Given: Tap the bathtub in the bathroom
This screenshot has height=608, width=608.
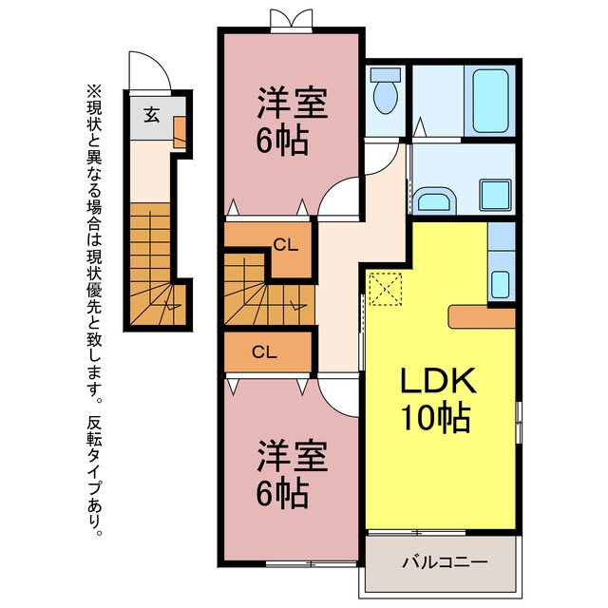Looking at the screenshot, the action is (490, 101).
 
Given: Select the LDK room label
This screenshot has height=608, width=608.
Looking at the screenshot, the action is (438, 380).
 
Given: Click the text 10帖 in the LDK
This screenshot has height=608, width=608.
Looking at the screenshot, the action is (436, 418).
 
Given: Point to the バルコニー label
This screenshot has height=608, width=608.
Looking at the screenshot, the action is (445, 561).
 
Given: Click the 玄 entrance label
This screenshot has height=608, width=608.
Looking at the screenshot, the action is (152, 114).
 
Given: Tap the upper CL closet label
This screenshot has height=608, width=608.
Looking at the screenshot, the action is (286, 245).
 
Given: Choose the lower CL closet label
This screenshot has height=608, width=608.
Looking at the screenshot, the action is (264, 352).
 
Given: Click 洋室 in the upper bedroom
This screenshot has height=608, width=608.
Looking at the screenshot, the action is (293, 103).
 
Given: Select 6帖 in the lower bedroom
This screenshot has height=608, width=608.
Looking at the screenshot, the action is (283, 494).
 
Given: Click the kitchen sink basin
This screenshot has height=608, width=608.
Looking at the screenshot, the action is (501, 285).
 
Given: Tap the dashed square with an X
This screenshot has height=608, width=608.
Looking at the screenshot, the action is (386, 289).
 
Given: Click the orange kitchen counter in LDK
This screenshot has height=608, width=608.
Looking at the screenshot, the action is (482, 316).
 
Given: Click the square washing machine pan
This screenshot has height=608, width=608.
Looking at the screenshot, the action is (496, 195).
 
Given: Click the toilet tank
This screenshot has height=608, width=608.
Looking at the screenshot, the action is (386, 75).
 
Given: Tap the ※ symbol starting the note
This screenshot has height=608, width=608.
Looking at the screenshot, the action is (94, 92).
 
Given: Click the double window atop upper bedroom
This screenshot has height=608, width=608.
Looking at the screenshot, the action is (292, 21).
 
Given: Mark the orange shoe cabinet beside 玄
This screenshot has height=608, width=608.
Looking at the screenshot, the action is (180, 132).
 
